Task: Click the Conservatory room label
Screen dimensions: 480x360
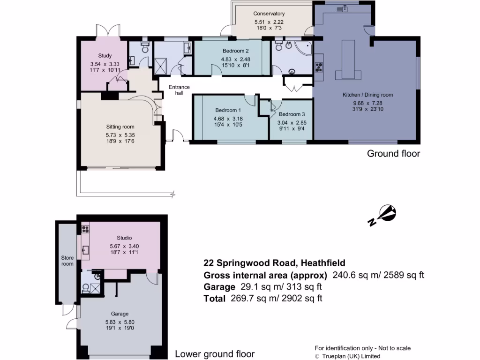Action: [x=269, y=14]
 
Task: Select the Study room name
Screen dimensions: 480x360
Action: [x=105, y=56]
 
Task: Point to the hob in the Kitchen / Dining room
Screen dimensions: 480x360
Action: [x=319, y=67]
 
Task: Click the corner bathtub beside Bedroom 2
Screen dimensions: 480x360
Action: [x=304, y=48]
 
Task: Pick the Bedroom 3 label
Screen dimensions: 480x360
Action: [x=292, y=114]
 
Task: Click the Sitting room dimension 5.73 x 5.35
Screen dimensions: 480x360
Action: [x=120, y=135]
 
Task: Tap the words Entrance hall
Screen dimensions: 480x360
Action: [x=179, y=90]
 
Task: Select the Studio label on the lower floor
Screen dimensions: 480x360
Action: [x=124, y=238]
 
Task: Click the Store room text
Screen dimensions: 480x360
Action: [x=67, y=261]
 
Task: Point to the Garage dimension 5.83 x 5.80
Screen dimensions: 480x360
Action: [x=120, y=322]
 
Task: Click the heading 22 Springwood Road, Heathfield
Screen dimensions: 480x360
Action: [x=274, y=263]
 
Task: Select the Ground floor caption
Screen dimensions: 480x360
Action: [x=393, y=153]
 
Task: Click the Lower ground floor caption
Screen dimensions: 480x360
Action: [x=215, y=354]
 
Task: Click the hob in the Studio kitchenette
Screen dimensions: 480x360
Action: [x=85, y=229]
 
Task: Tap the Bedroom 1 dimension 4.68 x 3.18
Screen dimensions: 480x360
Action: [x=228, y=119]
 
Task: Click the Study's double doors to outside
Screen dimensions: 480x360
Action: [x=108, y=31]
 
